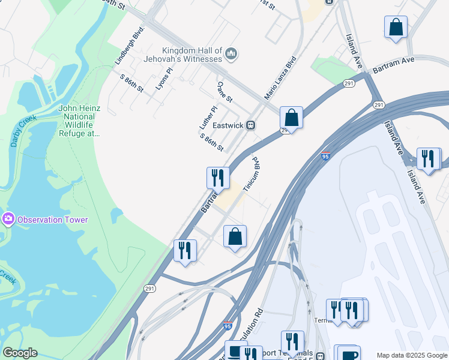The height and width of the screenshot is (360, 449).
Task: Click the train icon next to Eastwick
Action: tap(252, 125)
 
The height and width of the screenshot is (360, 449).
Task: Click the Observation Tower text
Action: tap(53, 220)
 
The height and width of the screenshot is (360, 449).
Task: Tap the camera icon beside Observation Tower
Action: tap(8, 219)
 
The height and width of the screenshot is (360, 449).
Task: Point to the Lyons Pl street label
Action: tap(163, 79)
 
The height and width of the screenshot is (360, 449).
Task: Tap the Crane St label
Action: tap(224, 92)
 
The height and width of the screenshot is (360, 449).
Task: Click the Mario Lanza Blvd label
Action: tap(281, 78)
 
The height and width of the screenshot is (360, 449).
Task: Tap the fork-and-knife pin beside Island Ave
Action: tap(429, 159)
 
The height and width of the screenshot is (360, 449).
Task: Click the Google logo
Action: tap(19, 353)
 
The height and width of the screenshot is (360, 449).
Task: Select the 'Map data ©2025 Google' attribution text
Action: tap(412, 355)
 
